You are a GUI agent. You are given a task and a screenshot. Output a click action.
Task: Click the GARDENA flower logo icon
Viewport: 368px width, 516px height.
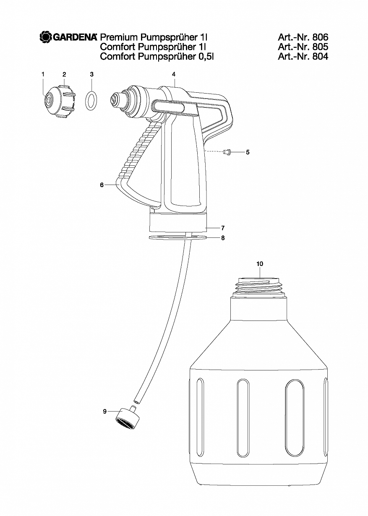45,37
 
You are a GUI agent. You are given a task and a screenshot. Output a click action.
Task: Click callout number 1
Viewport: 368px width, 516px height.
43,74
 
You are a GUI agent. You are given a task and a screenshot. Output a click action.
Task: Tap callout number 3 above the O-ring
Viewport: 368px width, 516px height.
92,74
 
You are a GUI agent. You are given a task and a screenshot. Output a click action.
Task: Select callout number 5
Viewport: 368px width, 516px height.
248,152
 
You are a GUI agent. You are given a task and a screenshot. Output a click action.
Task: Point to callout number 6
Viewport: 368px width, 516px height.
102,185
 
